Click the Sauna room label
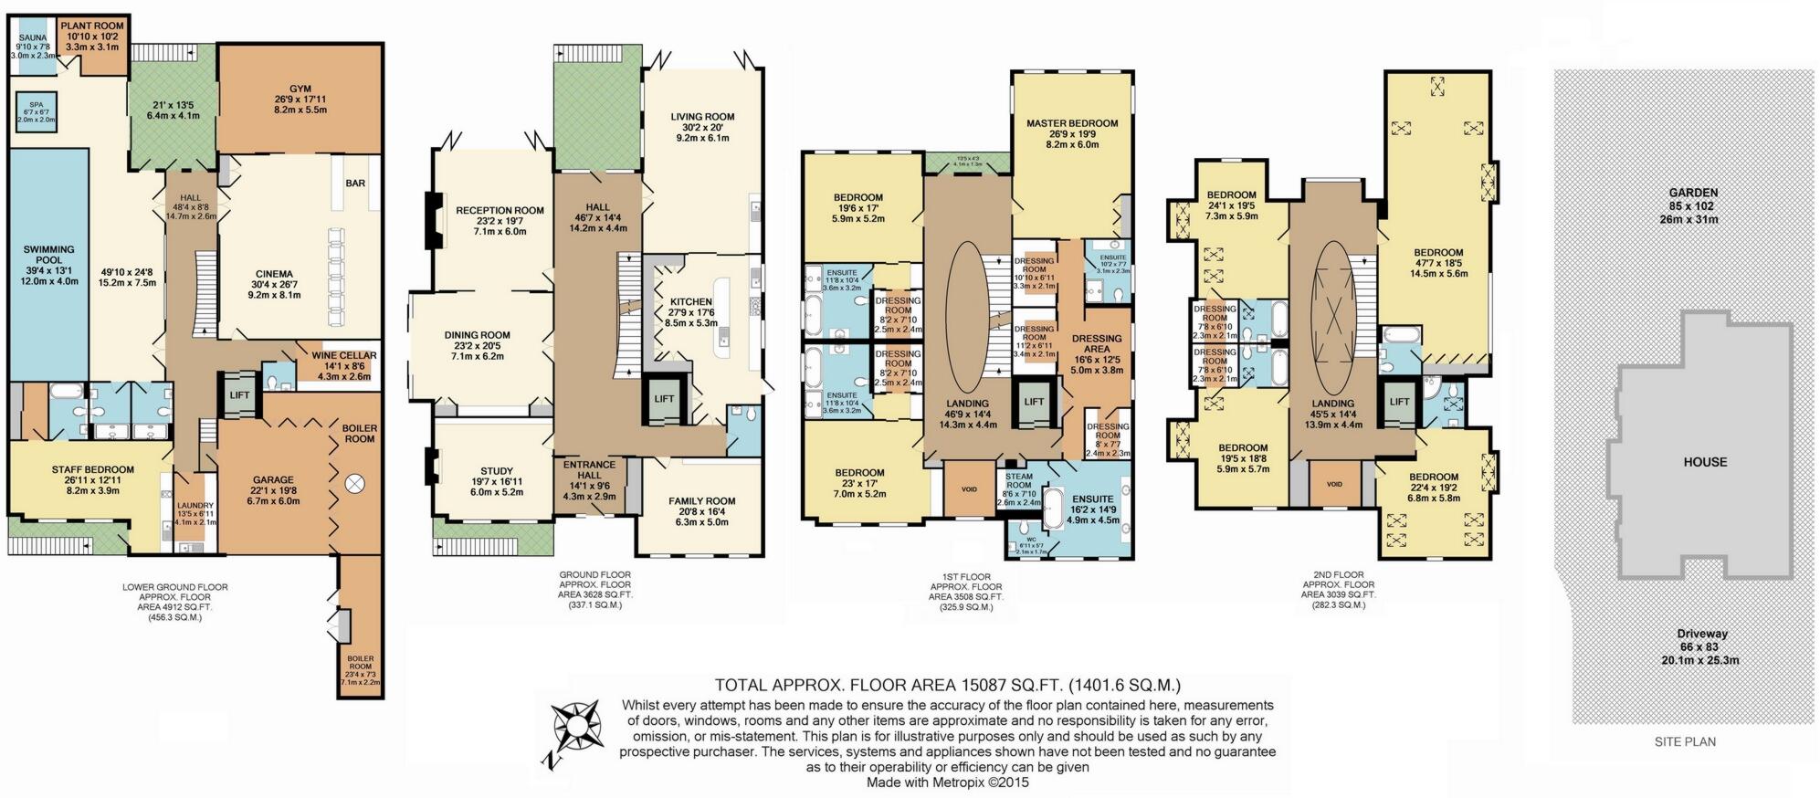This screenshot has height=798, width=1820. coord(32,38)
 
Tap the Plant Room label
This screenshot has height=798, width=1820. coord(92,26)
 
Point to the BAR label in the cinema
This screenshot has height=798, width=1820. coord(355,183)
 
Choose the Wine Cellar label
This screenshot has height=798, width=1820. coord(344,356)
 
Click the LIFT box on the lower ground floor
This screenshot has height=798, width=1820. coord(239,395)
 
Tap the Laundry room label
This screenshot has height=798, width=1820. coord(195,506)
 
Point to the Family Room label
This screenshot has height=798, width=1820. coord(701,501)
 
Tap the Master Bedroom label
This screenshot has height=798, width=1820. coord(1071,123)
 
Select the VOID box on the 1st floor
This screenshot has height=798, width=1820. coord(969,488)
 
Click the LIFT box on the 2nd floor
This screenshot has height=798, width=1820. coord(1399,402)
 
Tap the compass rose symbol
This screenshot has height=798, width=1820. coord(573,726)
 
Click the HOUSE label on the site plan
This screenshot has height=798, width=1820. coord(1705,462)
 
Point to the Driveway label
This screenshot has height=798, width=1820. coord(1701,633)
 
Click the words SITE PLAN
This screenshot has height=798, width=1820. coord(1685,741)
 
